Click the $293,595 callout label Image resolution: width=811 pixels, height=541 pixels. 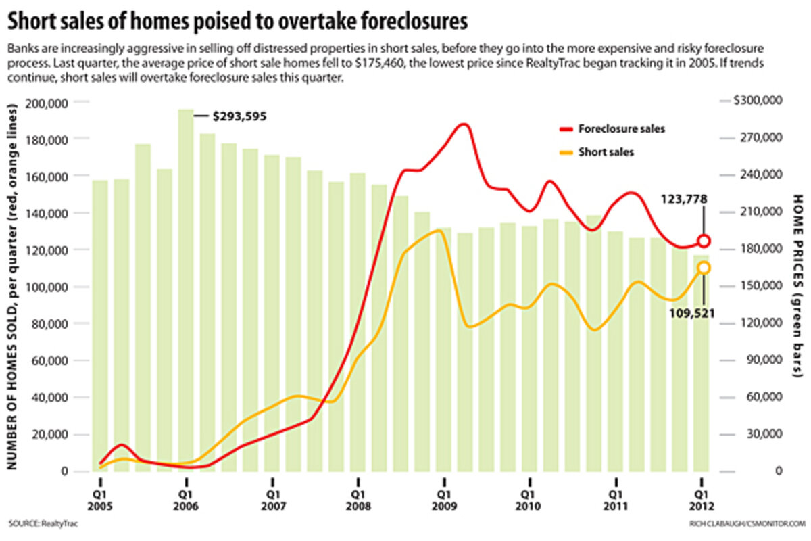239,116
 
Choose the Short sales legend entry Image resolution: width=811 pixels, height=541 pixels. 606,153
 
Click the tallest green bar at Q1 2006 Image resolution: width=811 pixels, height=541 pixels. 186,291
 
